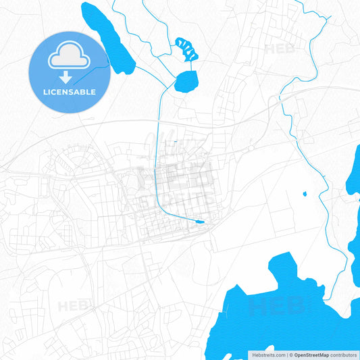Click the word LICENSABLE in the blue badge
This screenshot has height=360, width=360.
click(70, 92)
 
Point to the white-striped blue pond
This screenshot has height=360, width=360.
click(187, 49)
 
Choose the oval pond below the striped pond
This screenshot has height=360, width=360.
click(186, 82)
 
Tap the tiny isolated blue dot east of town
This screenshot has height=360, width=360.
click(305, 195)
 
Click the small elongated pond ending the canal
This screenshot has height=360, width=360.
click(200, 222)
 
